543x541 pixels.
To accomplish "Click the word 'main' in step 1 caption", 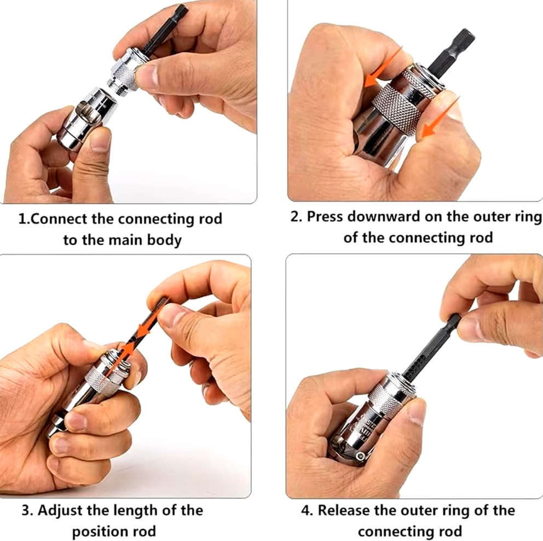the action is tap(126, 240).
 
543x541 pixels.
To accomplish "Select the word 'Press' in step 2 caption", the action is tap(325, 216).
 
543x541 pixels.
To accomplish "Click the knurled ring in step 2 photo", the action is tap(397, 108).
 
